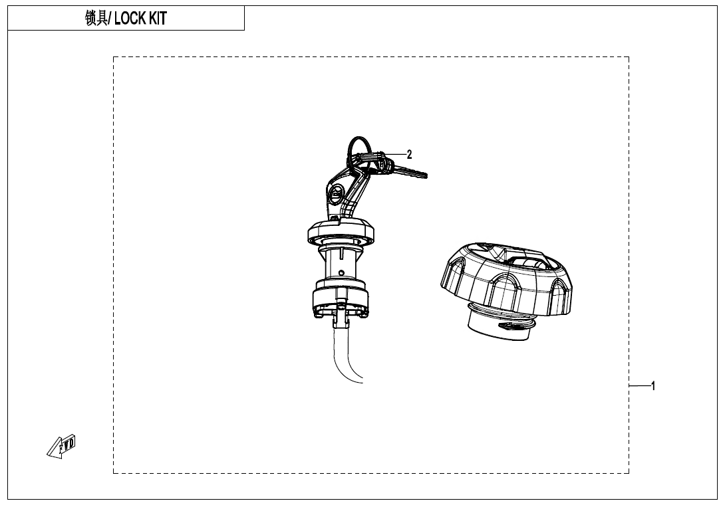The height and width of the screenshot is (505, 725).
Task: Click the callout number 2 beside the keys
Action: coord(410,154)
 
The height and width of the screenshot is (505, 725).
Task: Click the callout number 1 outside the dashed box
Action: coord(653,385)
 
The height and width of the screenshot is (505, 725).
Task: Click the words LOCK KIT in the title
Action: coord(140,19)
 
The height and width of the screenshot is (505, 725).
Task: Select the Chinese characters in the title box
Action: coord(97,19)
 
